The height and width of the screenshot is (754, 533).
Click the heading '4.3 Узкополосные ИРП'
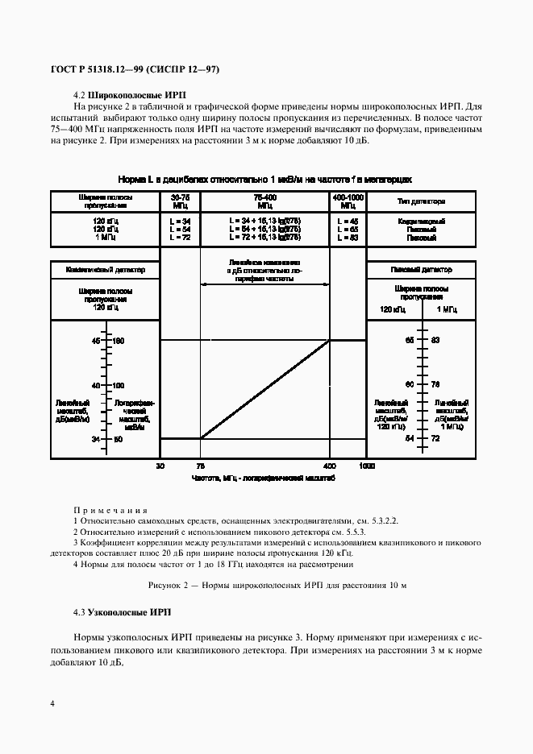122,613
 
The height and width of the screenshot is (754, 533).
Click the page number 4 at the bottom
52,703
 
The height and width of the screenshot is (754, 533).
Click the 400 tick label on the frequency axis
329,466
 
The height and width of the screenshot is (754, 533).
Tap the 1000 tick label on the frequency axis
367,466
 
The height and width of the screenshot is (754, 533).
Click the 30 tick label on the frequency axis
160,466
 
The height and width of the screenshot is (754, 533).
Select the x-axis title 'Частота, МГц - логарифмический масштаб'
264,478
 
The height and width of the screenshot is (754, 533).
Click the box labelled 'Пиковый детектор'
422,270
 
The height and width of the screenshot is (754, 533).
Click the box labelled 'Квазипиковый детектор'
106,270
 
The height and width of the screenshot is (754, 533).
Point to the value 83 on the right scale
436,340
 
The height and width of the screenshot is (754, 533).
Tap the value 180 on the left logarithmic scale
119,341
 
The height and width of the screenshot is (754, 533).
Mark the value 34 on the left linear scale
95,439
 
